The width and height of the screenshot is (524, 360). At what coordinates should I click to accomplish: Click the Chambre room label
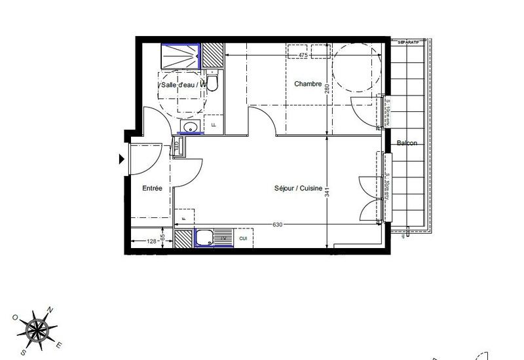click(307, 84)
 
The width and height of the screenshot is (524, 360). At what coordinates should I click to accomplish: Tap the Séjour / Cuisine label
click(298, 189)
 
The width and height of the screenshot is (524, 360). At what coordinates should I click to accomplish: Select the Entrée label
click(152, 189)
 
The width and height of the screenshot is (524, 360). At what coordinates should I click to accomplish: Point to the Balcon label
click(406, 143)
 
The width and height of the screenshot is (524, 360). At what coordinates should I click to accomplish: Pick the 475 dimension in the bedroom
click(303, 56)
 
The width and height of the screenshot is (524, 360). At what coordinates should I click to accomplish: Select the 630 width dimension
click(277, 225)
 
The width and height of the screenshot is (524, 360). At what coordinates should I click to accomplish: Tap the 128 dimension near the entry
click(152, 242)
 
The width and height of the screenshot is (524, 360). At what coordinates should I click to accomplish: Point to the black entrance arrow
click(121, 159)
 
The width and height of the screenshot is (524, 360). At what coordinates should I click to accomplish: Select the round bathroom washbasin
click(190, 126)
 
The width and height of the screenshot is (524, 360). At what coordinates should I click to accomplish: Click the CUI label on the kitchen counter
click(243, 238)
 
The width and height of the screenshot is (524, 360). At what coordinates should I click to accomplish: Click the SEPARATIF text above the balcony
click(409, 42)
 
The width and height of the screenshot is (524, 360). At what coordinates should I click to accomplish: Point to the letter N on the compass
click(50, 310)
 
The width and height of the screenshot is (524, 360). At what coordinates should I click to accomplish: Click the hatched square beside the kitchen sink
click(183, 238)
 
